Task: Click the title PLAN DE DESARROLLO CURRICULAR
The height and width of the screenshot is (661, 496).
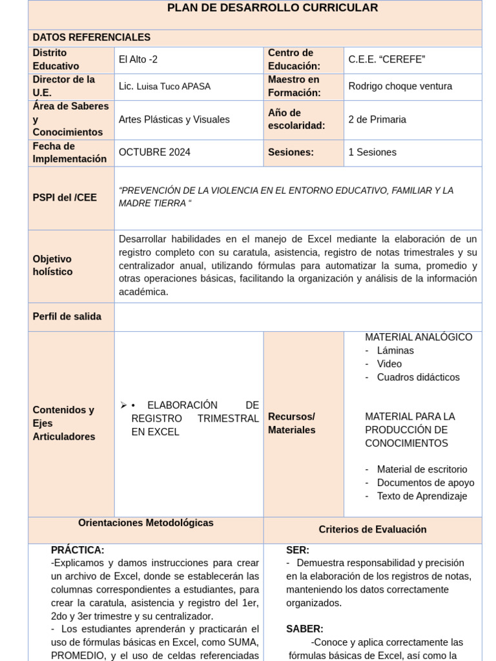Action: click(x=272, y=8)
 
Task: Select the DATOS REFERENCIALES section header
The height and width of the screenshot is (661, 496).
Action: click(x=91, y=37)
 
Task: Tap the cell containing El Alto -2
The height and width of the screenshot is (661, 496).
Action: click(x=138, y=59)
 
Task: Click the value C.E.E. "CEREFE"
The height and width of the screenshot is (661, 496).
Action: click(x=387, y=59)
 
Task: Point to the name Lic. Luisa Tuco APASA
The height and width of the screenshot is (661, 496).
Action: click(x=164, y=86)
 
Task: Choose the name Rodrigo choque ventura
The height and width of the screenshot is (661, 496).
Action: click(x=400, y=86)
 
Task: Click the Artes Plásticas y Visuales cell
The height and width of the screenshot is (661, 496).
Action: click(x=174, y=119)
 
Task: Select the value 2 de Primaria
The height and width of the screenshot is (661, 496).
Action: click(x=377, y=119)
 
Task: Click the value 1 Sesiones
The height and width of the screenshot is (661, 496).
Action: click(x=372, y=152)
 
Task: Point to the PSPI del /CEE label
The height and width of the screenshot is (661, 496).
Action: click(x=65, y=198)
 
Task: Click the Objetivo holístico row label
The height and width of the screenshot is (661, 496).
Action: click(x=52, y=265)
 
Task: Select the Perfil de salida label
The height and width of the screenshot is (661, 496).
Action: click(x=67, y=316)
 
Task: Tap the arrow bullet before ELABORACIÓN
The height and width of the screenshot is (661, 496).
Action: click(x=123, y=405)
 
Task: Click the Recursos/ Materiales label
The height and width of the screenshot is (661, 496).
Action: click(x=291, y=423)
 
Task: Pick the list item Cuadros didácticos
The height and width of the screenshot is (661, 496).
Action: click(x=418, y=377)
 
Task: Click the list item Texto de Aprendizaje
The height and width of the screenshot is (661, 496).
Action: click(x=422, y=496)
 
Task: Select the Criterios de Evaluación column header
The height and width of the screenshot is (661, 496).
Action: click(x=372, y=529)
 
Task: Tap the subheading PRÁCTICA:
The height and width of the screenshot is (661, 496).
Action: click(x=77, y=550)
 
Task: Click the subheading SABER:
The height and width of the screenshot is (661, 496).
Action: click(x=305, y=629)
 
